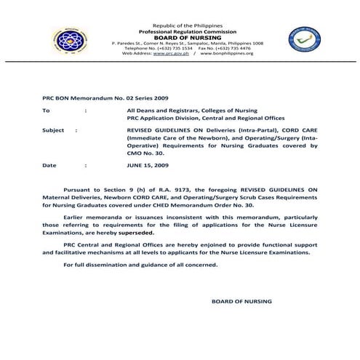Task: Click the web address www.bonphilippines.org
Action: pyautogui.click(x=225, y=54)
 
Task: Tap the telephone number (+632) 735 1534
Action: pyautogui.click(x=171, y=49)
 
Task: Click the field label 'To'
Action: pyautogui.click(x=47, y=111)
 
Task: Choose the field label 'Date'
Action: pyautogui.click(x=49, y=165)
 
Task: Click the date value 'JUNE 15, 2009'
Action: pyautogui.click(x=148, y=165)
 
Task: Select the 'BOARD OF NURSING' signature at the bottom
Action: pyautogui.click(x=241, y=300)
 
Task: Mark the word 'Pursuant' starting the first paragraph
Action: pyautogui.click(x=77, y=188)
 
